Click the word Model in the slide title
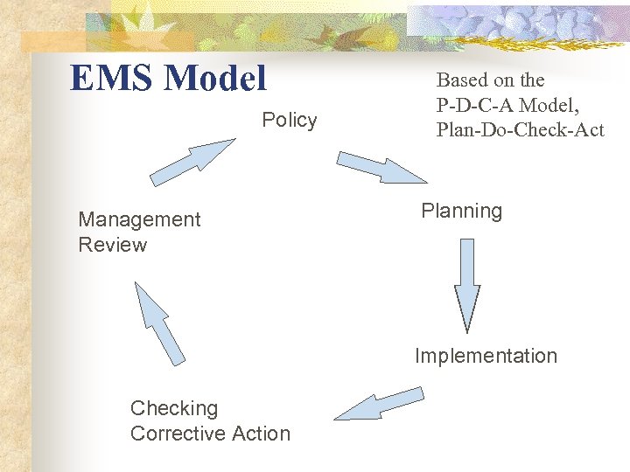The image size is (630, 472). point(214,79)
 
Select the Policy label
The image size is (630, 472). point(290,120)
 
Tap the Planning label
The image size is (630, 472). point(461,211)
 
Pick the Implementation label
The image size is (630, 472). point(486,356)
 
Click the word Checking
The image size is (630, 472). point(174,408)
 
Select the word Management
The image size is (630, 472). point(139,219)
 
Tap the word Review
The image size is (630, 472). point(113,245)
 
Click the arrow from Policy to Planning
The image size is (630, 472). point(381,167)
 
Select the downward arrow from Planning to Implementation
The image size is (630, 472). point(466,284)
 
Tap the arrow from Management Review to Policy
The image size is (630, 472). point(191,163)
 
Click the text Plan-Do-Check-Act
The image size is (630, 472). point(521,130)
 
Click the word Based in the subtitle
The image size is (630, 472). point(462,80)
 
